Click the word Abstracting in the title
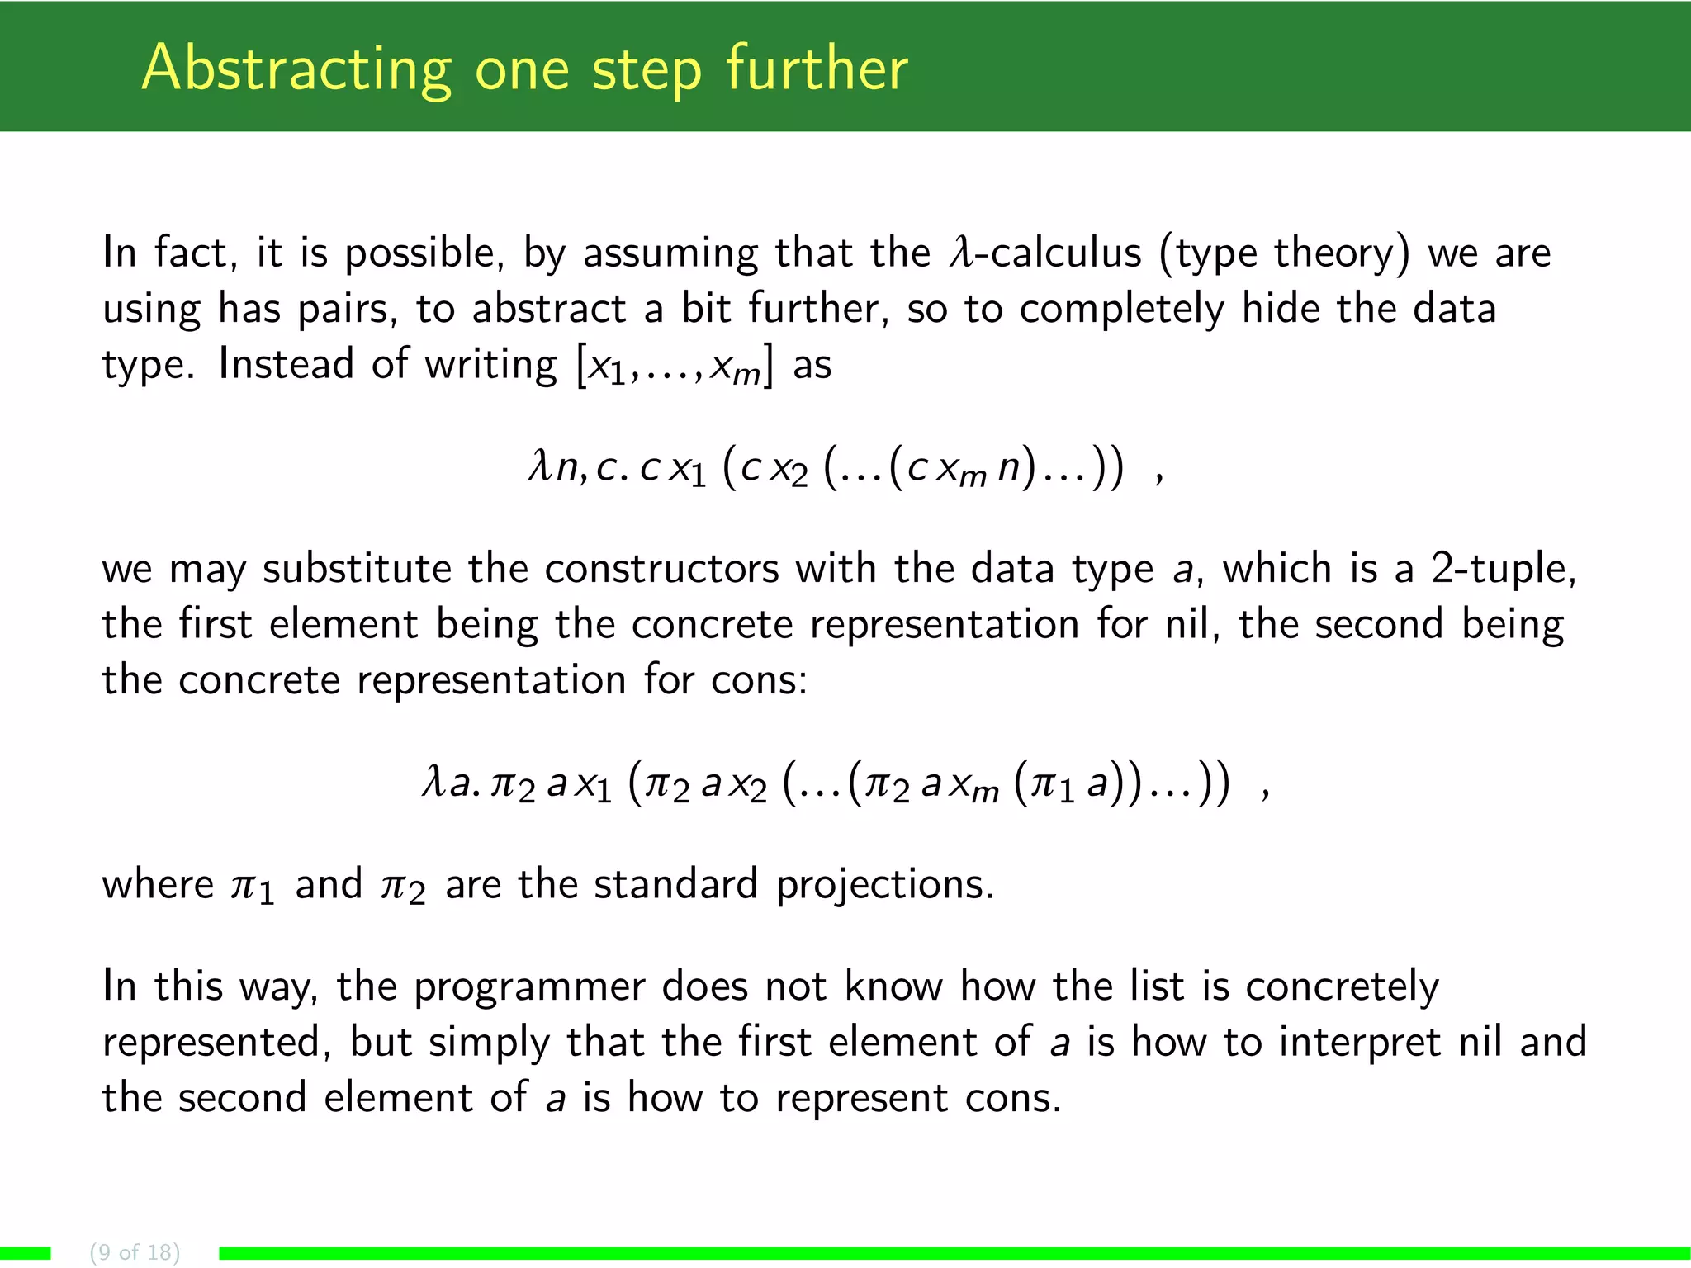[296, 69]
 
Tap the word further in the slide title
[817, 69]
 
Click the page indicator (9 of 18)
[135, 1251]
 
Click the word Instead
[286, 364]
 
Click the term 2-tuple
[1503, 570]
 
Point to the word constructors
[661, 569]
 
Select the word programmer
[528, 988]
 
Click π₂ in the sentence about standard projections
[403, 887]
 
